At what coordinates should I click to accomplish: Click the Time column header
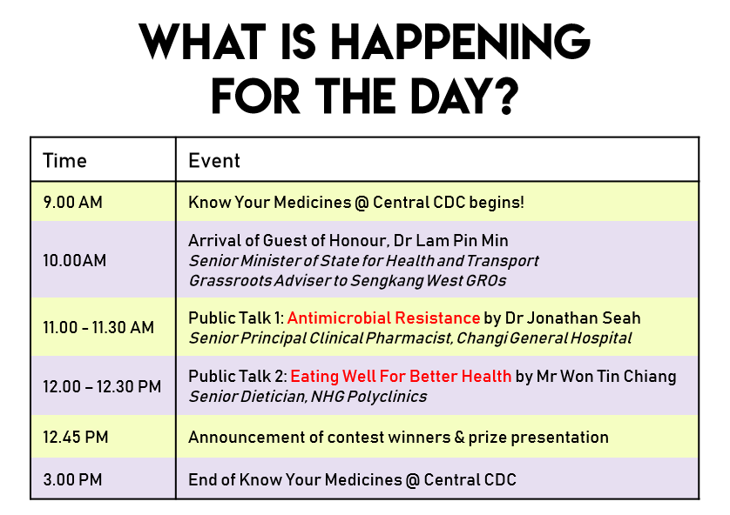(64, 161)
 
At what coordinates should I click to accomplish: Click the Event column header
(214, 161)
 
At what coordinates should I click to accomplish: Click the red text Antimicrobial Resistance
(383, 318)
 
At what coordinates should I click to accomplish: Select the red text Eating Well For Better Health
(401, 376)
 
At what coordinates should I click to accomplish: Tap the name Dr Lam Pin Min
(450, 241)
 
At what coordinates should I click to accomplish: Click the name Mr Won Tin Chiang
(606, 376)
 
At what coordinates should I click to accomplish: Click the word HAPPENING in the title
(460, 42)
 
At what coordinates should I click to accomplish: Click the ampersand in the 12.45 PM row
(459, 438)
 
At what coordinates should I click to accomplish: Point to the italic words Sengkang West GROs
(429, 281)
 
